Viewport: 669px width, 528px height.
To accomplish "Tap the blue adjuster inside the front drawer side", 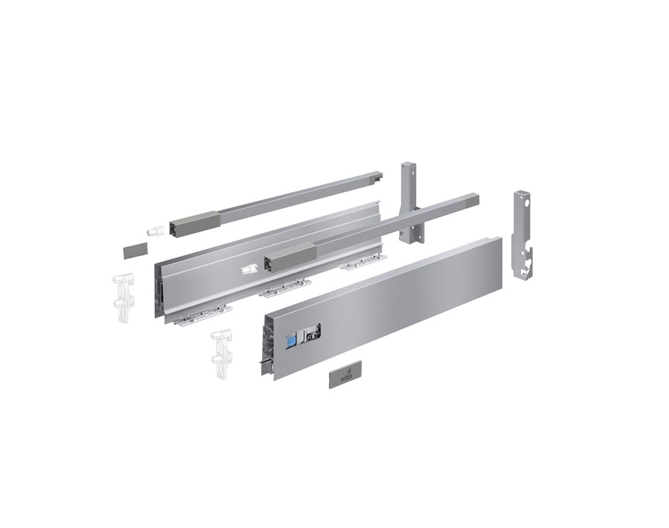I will coord(292,337).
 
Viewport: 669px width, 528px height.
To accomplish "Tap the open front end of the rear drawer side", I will coord(159,290).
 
